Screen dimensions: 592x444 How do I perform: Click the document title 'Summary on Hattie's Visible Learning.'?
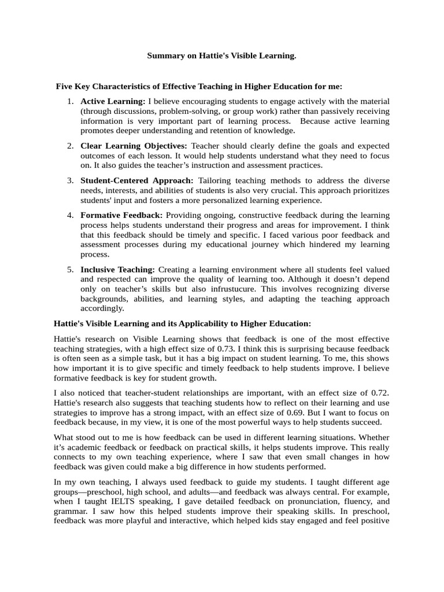(x=221, y=55)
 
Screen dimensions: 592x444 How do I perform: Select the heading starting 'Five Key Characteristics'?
(x=199, y=86)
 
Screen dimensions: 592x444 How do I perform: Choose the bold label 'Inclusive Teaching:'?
(x=118, y=269)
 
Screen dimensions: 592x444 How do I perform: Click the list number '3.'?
(x=69, y=180)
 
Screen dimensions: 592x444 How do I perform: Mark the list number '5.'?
(x=69, y=269)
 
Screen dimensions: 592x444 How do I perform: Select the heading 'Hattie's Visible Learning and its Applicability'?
(x=182, y=323)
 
